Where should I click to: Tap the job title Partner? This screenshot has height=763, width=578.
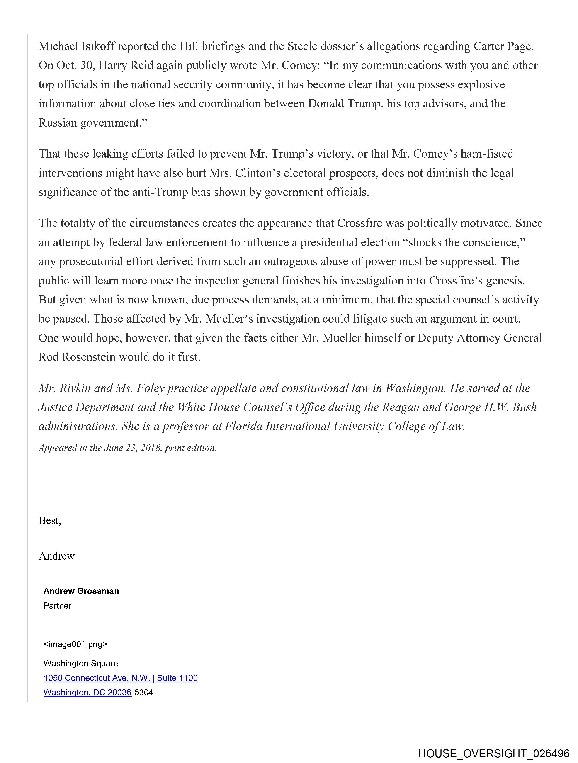(x=57, y=606)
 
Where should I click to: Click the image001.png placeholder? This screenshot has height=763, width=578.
(x=75, y=644)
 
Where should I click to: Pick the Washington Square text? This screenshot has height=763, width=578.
(x=81, y=663)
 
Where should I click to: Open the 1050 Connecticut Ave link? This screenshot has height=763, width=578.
(x=121, y=678)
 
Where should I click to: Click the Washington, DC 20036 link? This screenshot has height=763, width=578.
(x=87, y=692)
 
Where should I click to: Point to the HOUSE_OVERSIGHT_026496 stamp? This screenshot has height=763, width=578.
(x=494, y=753)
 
